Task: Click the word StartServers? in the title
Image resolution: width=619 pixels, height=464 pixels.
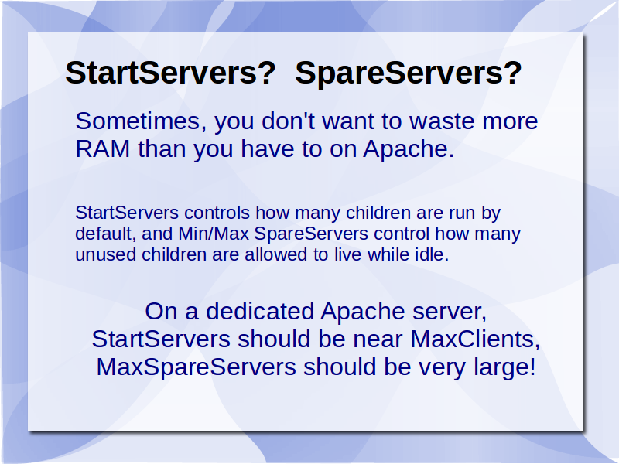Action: (170, 73)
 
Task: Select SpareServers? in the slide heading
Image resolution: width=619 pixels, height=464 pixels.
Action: (409, 73)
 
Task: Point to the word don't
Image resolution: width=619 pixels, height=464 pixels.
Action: (288, 121)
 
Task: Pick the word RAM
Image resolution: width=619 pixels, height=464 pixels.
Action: (103, 148)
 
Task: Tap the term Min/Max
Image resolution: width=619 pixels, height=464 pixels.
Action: (214, 234)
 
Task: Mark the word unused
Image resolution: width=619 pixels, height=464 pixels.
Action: (106, 254)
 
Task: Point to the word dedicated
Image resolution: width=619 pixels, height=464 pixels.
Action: (260, 311)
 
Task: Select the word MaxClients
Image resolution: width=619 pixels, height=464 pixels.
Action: (475, 339)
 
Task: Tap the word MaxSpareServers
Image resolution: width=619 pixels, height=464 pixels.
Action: (197, 367)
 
